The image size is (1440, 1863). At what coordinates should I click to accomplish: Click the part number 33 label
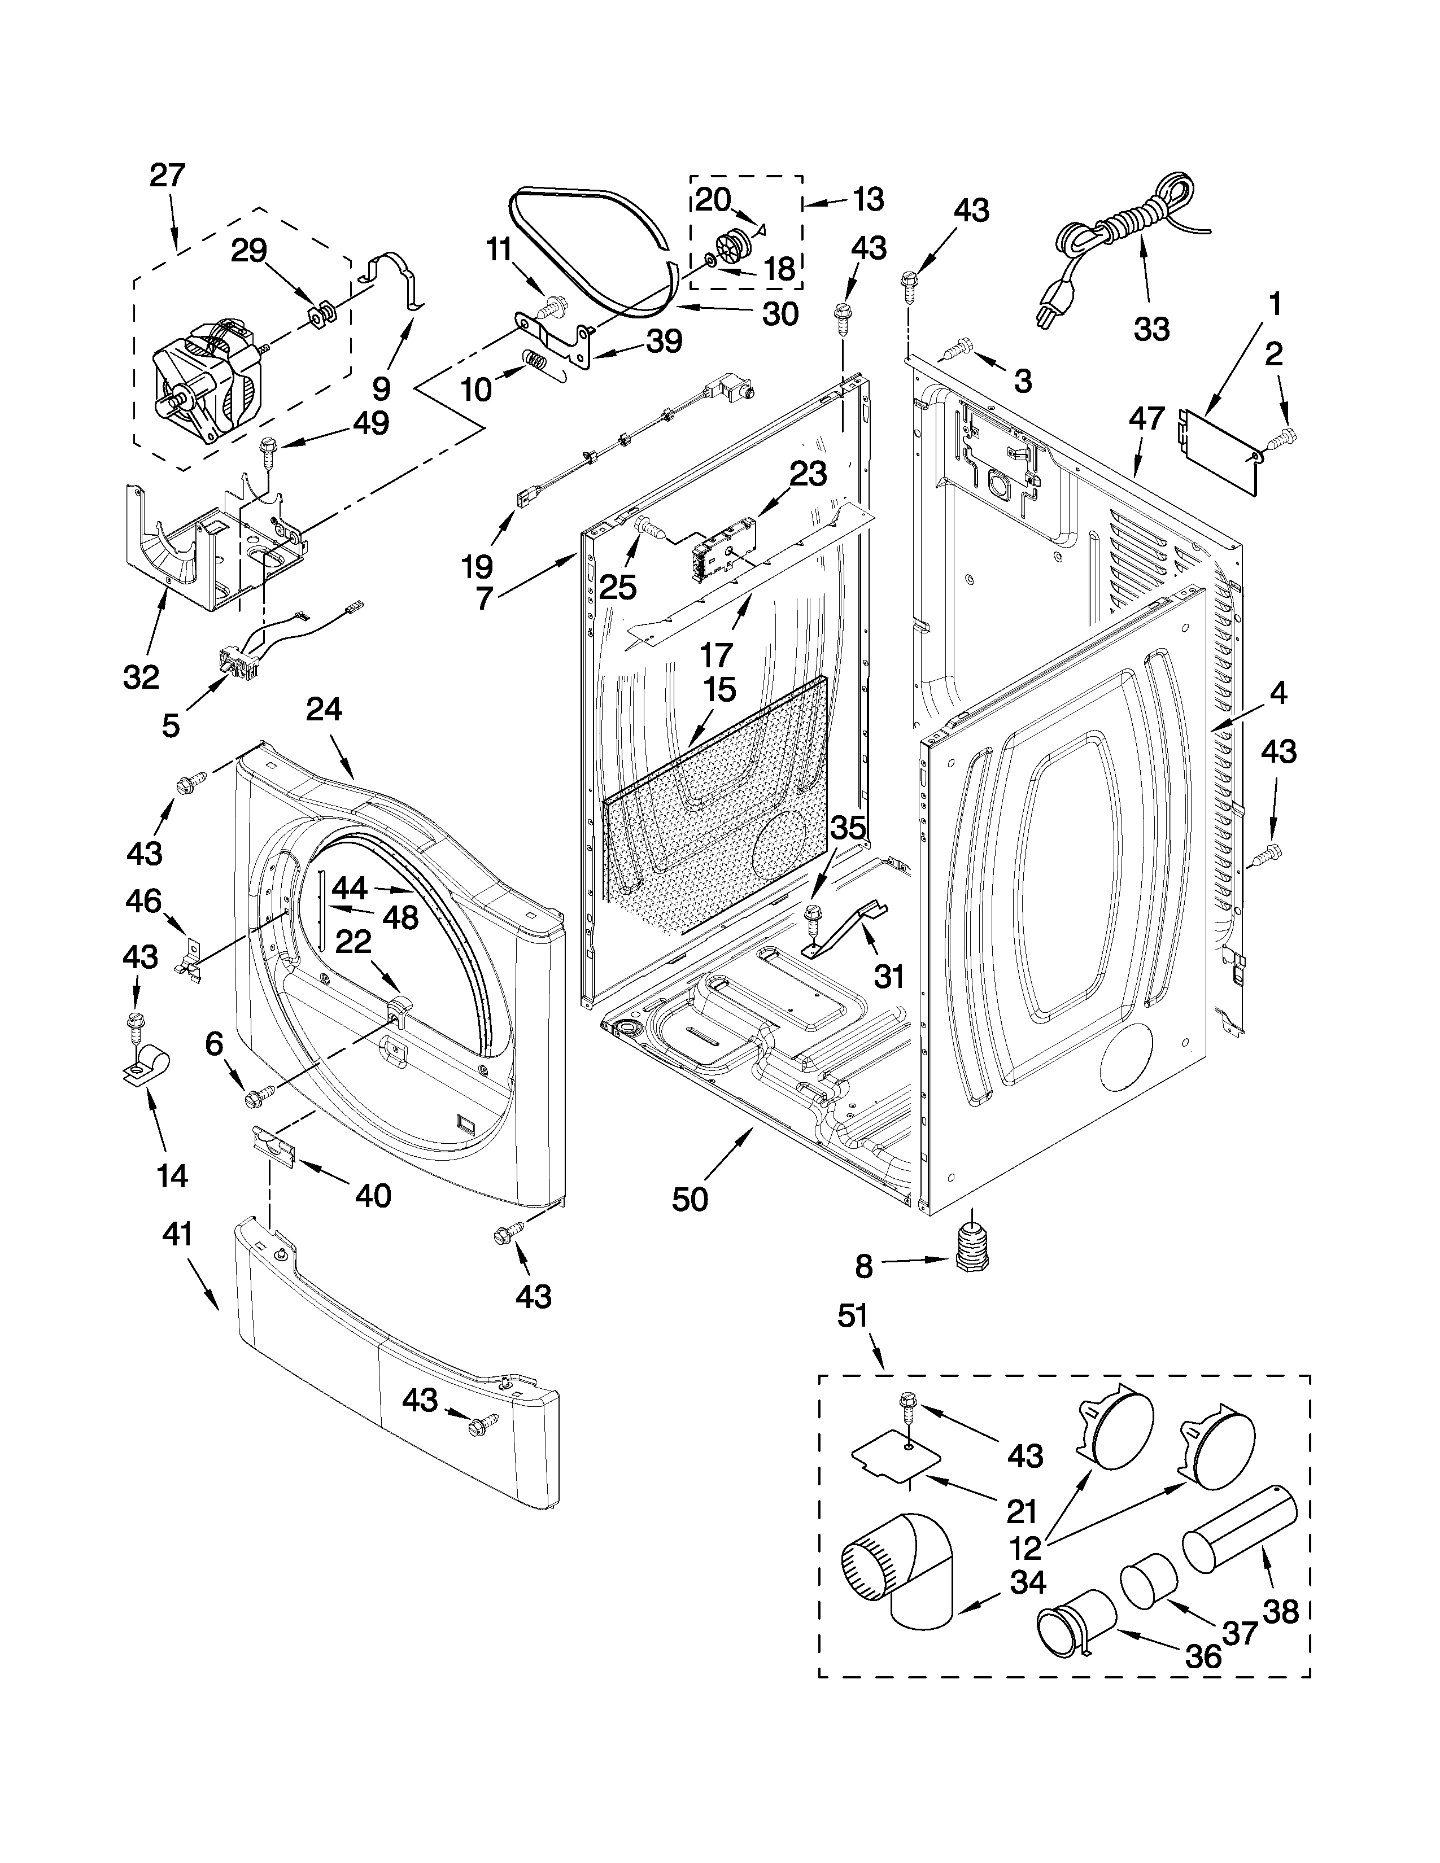point(1151,329)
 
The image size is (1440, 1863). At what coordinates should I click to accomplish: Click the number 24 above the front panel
point(324,710)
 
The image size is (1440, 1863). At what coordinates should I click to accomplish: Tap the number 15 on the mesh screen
point(719,689)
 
